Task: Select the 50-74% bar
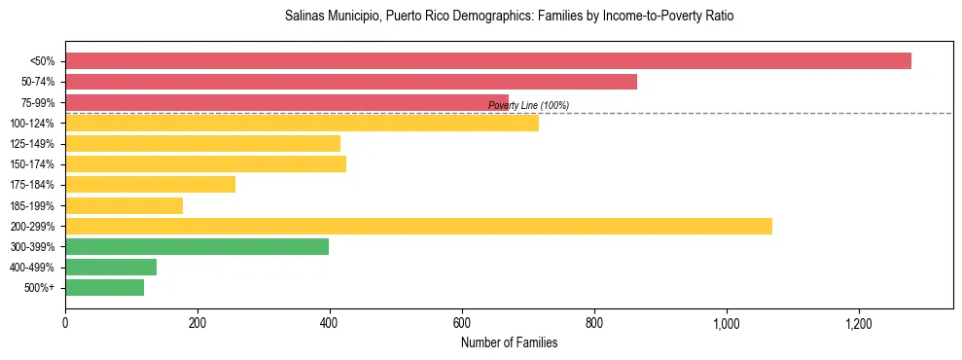[351, 82]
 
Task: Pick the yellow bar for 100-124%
[302, 123]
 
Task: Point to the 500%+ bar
[104, 287]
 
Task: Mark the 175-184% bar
[150, 185]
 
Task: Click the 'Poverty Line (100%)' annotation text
[528, 105]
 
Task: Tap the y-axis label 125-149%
[32, 144]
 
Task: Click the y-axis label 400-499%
[32, 268]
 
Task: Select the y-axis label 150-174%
[32, 164]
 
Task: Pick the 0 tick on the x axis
[65, 322]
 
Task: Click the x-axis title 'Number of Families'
[509, 342]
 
